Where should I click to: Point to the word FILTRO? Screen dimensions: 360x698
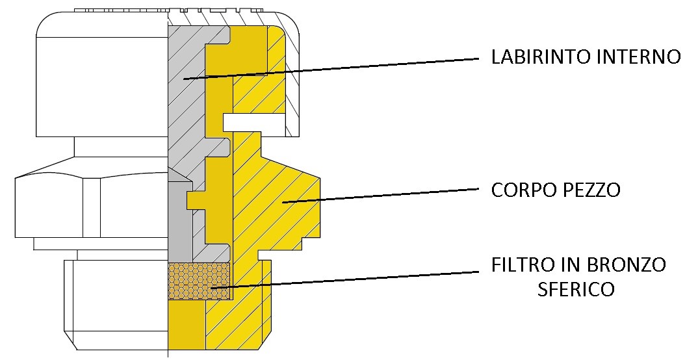(518, 265)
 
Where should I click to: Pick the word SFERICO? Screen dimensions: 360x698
(575, 289)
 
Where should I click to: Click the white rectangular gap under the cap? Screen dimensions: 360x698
(253, 122)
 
